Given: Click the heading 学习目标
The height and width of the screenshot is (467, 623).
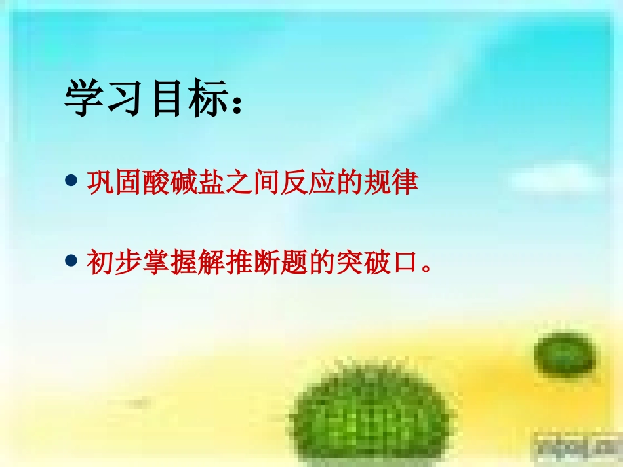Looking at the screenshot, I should pos(154,100).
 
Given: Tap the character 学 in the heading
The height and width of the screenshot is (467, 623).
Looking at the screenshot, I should pos(85,100).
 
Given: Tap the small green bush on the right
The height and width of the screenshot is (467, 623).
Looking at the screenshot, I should pos(565,354).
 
